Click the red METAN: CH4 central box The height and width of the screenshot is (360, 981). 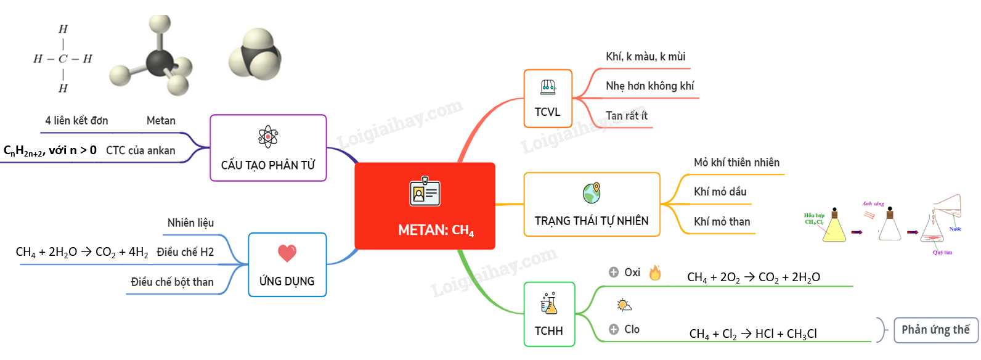(x=425, y=206)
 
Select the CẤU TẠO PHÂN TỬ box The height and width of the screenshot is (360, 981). (x=268, y=148)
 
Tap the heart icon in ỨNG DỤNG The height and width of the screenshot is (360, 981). (x=287, y=253)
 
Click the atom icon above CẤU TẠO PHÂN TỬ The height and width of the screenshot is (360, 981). (x=268, y=136)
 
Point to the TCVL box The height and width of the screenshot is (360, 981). (x=548, y=99)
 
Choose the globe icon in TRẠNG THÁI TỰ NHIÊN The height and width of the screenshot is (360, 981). (x=592, y=193)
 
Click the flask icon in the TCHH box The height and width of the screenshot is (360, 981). (x=548, y=303)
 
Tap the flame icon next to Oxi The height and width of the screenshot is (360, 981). (x=655, y=272)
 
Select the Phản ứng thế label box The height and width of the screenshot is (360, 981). (x=935, y=330)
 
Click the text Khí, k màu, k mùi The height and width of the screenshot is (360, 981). (x=645, y=57)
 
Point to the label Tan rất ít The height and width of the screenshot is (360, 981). (x=626, y=115)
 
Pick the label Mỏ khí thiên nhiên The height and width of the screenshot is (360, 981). (x=736, y=162)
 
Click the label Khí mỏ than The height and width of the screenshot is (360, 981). (x=722, y=221)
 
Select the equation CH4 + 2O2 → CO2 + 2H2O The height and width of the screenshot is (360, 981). (x=753, y=277)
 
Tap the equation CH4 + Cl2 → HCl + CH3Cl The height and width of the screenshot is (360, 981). (x=753, y=333)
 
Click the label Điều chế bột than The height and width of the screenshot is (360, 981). (x=172, y=282)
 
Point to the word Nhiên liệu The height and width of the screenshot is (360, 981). (x=190, y=223)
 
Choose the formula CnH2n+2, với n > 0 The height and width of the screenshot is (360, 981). (x=50, y=150)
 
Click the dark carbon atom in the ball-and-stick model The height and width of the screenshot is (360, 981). (x=160, y=62)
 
